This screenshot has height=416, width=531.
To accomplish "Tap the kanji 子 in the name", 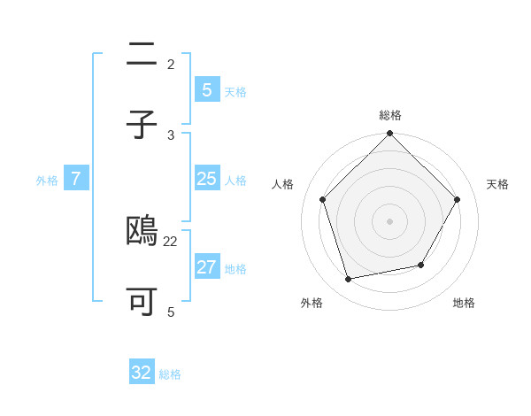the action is (x=142, y=125).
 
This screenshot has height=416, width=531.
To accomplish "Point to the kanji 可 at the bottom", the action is (x=142, y=302).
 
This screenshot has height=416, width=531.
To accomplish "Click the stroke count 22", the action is (x=171, y=241).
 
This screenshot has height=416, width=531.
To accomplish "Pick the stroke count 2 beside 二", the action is (x=171, y=64).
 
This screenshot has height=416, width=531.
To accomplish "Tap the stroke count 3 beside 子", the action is (x=171, y=135).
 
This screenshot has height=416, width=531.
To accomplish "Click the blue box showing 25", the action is (x=206, y=179).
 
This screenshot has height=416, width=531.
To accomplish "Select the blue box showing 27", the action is (x=206, y=267).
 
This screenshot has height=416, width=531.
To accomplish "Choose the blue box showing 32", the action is (x=142, y=373).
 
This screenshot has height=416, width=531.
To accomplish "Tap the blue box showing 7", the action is (x=76, y=179).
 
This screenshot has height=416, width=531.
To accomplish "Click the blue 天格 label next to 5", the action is (x=235, y=92).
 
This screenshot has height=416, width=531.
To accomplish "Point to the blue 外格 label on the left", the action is (x=47, y=181).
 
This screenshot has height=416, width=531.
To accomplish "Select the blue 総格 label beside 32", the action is (x=170, y=374).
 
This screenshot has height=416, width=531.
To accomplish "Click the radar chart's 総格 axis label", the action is (x=390, y=115).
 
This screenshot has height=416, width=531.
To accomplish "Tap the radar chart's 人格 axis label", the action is (x=283, y=184).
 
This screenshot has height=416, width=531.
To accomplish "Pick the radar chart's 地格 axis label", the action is (x=464, y=303).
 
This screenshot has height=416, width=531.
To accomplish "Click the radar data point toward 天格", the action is (x=458, y=199).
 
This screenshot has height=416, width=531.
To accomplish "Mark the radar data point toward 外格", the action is (x=349, y=280).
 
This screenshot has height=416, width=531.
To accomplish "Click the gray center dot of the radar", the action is (x=389, y=220).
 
